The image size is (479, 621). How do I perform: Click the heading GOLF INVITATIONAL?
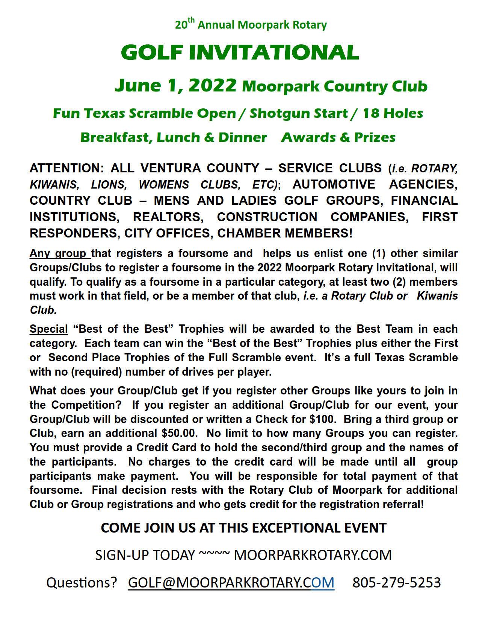pos(240,52)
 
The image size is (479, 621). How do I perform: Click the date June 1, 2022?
pos(175,85)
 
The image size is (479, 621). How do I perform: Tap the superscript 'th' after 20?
pos(192,21)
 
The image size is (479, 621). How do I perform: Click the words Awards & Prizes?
pos(338,137)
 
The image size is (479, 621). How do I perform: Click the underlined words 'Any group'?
pos(59,253)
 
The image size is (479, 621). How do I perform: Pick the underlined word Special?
pos(48,329)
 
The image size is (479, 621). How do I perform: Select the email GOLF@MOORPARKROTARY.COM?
pos(231,582)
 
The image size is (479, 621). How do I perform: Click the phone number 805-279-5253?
pos(396,582)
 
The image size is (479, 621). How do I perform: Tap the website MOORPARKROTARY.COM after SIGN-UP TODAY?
pos(313,555)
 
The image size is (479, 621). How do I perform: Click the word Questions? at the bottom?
pos(82,582)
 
